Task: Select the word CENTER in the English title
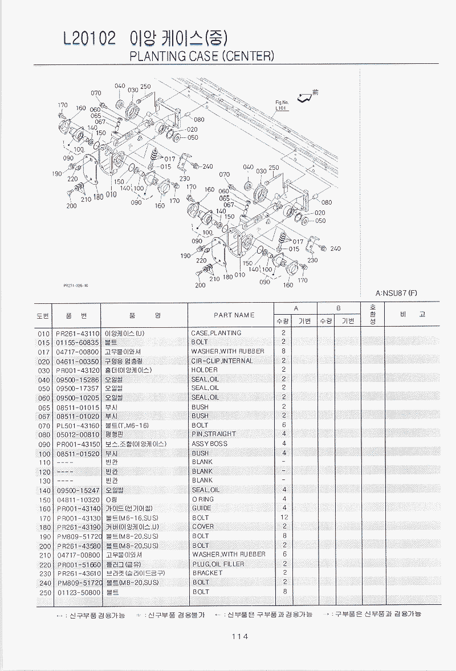[247, 56]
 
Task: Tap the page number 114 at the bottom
[239, 637]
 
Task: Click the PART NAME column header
[234, 315]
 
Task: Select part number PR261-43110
[78, 333]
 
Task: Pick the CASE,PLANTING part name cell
[216, 333]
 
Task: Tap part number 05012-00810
[78, 434]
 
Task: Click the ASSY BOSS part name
[210, 444]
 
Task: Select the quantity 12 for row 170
[284, 518]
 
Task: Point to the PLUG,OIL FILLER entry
[218, 564]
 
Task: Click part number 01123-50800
[78, 592]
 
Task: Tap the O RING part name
[203, 499]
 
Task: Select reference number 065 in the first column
[44, 407]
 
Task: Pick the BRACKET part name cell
[207, 573]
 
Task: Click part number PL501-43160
[78, 425]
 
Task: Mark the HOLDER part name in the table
[205, 370]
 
